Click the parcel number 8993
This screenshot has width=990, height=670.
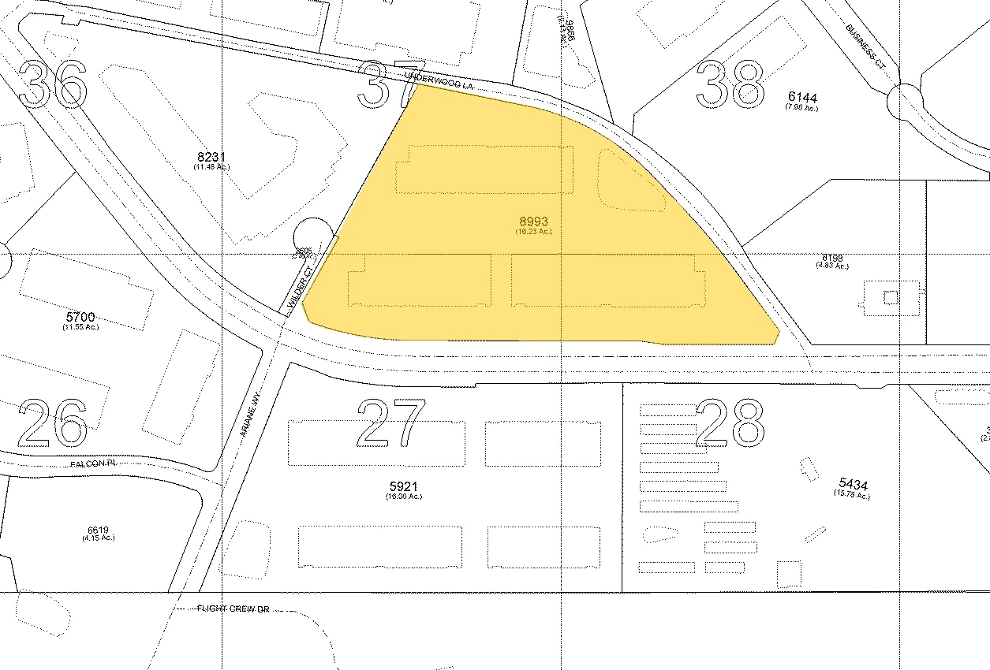pos(533,221)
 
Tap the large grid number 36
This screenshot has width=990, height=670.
pos(53,84)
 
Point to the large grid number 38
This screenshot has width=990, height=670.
pos(730,84)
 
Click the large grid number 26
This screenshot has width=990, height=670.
pos(53,422)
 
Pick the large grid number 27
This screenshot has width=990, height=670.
pos(392,422)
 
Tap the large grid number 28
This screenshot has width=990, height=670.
pos(730,422)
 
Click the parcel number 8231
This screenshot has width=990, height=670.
pos(211,157)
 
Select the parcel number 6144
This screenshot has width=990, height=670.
pos(802,98)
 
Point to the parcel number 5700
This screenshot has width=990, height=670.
pos(80,317)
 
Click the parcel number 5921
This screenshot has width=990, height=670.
pos(403,486)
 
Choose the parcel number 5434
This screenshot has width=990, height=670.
pos(852,485)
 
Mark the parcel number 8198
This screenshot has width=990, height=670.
pos(831,257)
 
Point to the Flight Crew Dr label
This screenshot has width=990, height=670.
pos(233,609)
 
